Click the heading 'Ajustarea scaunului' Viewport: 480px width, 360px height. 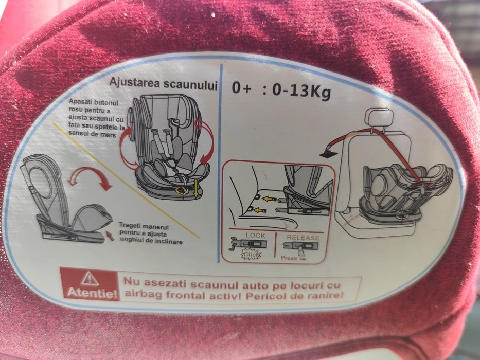pyautogui.click(x=163, y=84)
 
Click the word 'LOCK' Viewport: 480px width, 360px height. pyautogui.click(x=255, y=236)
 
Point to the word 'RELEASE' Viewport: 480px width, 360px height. pyautogui.click(x=303, y=237)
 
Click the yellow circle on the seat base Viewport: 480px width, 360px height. pyautogui.click(x=181, y=191)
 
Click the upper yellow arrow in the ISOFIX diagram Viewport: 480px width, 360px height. pyautogui.click(x=267, y=198)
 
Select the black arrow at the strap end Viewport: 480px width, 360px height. pyautogui.click(x=325, y=152)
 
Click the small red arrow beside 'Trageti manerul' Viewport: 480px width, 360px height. pyautogui.click(x=109, y=235)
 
